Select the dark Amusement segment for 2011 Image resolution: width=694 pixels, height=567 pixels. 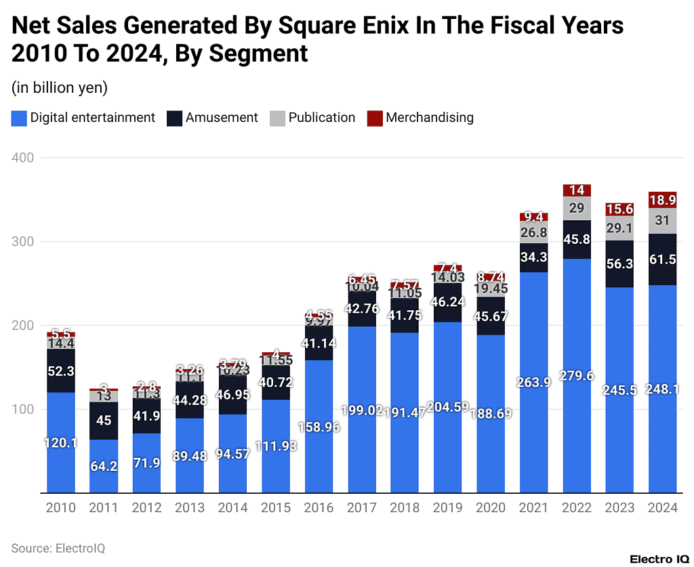point(104,421)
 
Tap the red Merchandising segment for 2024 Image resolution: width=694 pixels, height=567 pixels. point(663,200)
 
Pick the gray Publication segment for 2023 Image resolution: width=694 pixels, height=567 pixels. point(619,228)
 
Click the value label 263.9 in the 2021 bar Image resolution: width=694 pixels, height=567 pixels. point(533,382)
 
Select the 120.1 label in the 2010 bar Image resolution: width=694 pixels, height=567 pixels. point(61,443)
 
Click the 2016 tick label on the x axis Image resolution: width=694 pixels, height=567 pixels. point(319,508)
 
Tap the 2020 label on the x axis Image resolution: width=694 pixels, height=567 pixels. point(491,508)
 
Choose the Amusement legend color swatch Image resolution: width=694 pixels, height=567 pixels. point(175,118)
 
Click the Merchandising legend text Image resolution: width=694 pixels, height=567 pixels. point(429,118)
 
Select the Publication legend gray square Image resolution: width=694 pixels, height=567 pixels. point(277,118)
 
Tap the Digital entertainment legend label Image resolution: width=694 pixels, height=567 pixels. point(93,118)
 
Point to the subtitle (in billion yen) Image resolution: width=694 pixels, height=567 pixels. point(60,87)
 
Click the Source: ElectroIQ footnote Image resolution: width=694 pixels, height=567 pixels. point(58,548)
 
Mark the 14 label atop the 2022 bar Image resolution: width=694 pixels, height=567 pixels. point(576,190)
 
